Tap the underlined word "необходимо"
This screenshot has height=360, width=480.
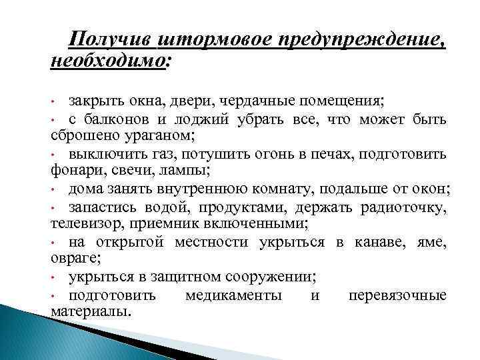[107, 61]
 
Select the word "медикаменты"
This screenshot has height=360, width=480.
[233, 295]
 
